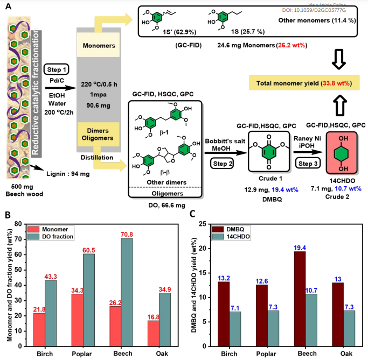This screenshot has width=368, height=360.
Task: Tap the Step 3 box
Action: click(x=304, y=161)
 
